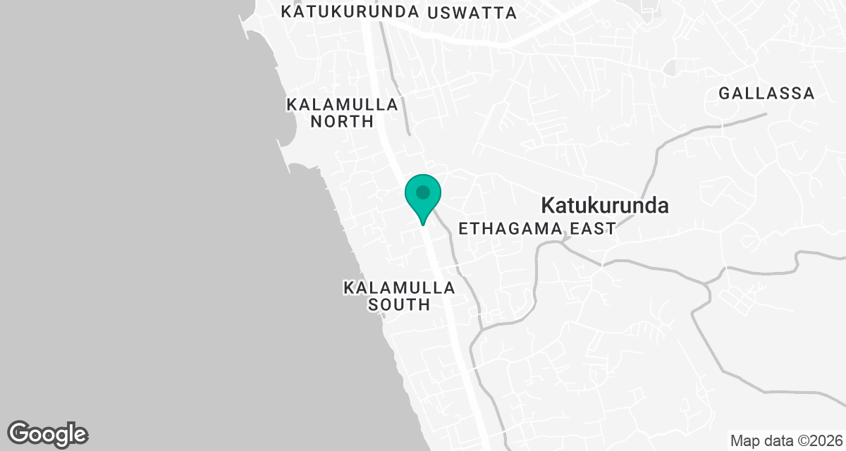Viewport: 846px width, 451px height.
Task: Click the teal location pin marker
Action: point(422,197)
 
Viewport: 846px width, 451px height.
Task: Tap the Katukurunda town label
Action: point(604,206)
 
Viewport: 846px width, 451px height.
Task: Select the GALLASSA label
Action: point(766,93)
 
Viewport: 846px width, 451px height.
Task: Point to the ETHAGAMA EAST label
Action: point(537,228)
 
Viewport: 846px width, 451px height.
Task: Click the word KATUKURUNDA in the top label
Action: point(350,13)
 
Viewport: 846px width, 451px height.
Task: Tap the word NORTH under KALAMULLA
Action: point(343,121)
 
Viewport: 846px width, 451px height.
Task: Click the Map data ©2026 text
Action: point(786,441)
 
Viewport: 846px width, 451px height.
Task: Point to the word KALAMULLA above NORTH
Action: point(343,104)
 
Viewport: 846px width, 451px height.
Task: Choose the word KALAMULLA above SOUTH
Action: point(399,288)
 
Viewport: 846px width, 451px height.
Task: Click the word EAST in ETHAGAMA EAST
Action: point(593,228)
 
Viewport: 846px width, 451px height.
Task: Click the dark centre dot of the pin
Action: point(422,192)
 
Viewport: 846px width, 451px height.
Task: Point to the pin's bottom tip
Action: point(422,224)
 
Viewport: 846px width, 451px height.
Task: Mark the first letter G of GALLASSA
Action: point(724,93)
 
